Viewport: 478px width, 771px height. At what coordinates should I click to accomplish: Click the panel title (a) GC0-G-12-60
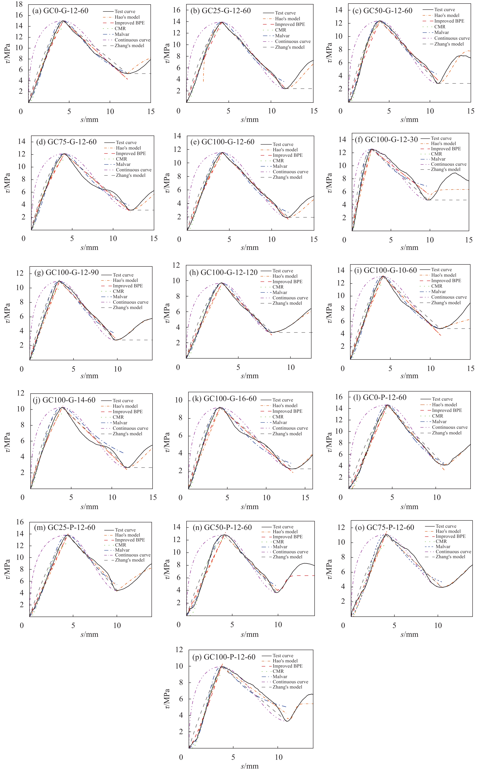coord(60,11)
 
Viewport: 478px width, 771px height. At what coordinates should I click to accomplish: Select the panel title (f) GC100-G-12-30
coord(391,139)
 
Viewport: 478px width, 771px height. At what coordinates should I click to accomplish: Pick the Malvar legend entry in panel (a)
coord(122,34)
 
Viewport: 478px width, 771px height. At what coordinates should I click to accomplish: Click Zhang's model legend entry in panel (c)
coord(449,44)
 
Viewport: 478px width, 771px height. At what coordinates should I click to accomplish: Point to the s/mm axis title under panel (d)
coord(89,247)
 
